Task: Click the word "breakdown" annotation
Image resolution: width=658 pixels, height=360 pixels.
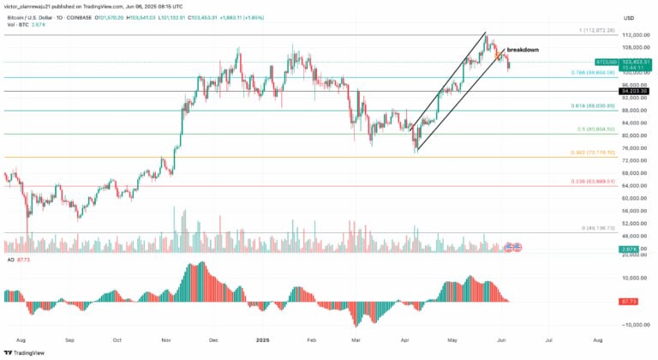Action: pyautogui.click(x=523, y=50)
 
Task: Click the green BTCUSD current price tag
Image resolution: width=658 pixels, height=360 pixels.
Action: pyautogui.click(x=607, y=63)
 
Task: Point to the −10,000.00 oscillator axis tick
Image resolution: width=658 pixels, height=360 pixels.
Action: pyautogui.click(x=635, y=325)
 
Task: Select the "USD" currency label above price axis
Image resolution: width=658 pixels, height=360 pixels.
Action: pyautogui.click(x=629, y=17)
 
